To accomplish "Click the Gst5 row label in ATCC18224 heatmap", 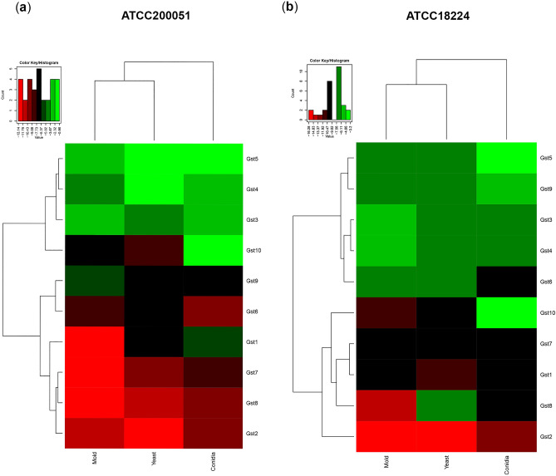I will [544, 158].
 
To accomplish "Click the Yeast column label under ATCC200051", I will [153, 461].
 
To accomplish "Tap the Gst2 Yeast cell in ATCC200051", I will [153, 433].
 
